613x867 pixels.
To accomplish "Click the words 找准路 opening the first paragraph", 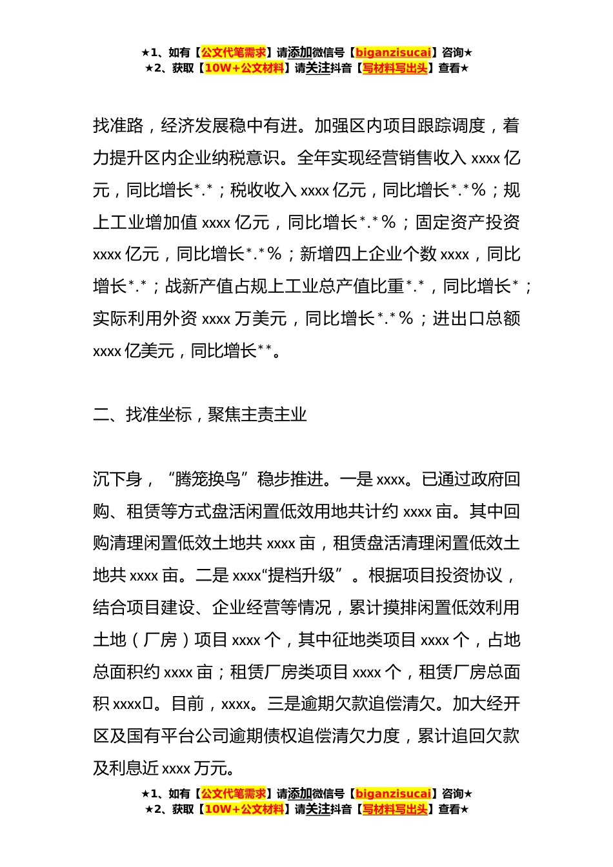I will pos(118,125).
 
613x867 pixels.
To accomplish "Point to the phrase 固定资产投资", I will pos(468,222).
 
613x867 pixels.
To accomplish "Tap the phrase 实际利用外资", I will pos(145,318).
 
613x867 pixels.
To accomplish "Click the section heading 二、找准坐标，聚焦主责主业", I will pos(199,414).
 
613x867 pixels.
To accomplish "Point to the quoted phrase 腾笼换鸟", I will pos(208,479).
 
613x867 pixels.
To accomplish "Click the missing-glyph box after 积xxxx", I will pos(148,704).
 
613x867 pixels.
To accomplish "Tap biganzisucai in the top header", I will pos(393,52).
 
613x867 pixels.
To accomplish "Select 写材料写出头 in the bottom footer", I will pos(394,809).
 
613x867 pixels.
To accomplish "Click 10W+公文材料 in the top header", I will pos(244,68).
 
